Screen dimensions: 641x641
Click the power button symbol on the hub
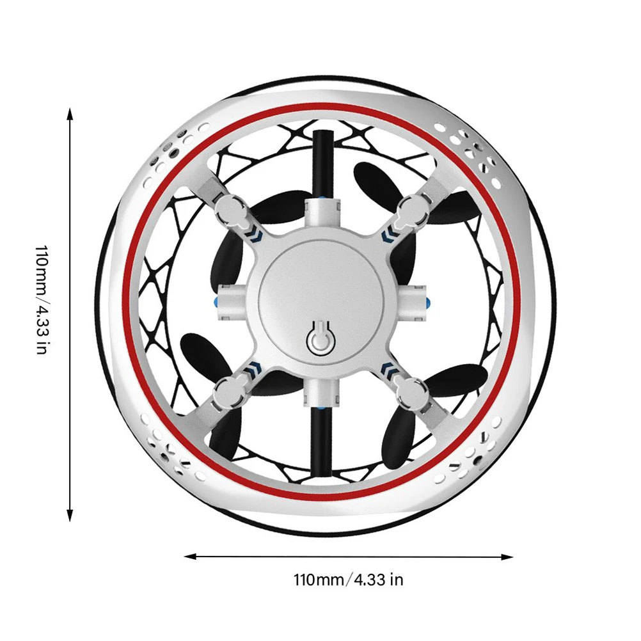[x=321, y=338]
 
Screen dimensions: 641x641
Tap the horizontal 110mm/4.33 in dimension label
[x=348, y=580]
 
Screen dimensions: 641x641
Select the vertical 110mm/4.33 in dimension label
[x=42, y=299]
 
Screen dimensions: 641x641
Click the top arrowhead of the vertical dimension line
[x=70, y=114]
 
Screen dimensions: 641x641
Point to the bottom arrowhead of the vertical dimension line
[x=70, y=516]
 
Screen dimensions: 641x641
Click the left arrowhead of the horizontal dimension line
[x=191, y=557]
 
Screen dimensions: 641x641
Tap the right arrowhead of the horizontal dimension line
[x=507, y=557]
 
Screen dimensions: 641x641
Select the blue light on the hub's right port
[x=427, y=303]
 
